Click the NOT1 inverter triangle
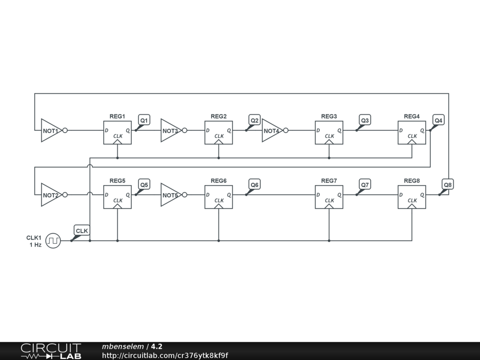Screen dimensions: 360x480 tap(51, 130)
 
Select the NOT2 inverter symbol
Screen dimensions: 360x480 tap(51, 195)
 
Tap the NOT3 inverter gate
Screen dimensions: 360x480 tap(170, 130)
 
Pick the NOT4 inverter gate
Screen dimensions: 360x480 tap(271, 130)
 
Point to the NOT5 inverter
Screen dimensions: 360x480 tap(170, 195)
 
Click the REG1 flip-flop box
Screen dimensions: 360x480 tap(117, 132)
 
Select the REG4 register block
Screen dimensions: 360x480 tap(412, 132)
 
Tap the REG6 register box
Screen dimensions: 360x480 tap(218, 197)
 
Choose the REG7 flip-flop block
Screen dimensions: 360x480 tap(329, 197)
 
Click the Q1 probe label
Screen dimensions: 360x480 tap(144, 120)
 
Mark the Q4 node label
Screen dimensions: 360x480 tap(438, 120)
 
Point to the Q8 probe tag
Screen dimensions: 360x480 tap(448, 185)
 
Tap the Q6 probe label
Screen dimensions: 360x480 tap(255, 185)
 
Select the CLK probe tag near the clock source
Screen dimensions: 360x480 tap(82, 231)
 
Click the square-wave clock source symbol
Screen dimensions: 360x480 tap(53, 241)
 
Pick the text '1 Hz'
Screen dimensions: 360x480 tap(35, 245)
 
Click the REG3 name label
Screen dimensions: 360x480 tap(329, 116)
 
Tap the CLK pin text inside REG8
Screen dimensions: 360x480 tap(412, 201)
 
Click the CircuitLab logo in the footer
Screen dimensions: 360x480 tap(51, 351)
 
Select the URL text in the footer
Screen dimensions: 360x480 tap(165, 355)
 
